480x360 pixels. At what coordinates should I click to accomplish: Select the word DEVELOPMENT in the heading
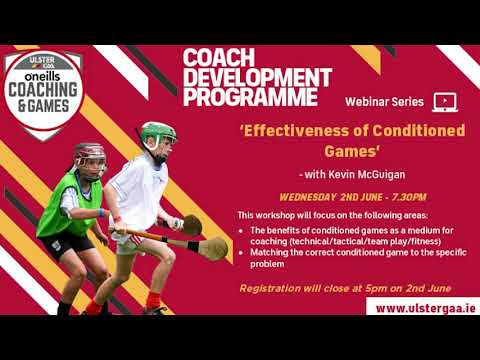256,77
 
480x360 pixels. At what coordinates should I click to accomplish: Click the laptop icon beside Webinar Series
445,101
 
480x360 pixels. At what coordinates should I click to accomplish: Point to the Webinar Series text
385,102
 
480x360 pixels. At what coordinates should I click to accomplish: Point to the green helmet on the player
157,133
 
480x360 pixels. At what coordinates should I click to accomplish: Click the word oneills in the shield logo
44,71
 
